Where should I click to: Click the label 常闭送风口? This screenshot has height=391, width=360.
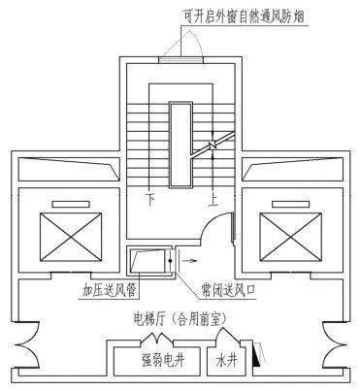pyautogui.click(x=229, y=289)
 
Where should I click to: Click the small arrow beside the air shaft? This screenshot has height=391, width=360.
pyautogui.click(x=189, y=262)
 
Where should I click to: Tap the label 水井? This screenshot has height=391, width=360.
pyautogui.click(x=227, y=361)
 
